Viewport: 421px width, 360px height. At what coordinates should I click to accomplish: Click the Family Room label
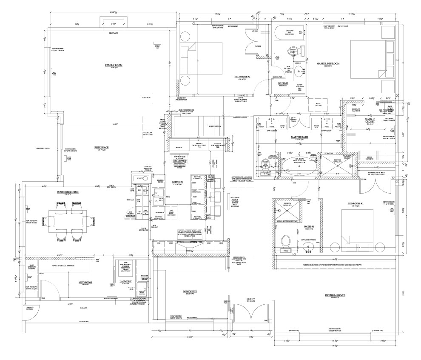(x=114, y=65)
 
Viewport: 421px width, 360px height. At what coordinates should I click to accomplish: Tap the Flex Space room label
(x=101, y=147)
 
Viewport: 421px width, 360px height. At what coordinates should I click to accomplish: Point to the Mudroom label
(x=85, y=282)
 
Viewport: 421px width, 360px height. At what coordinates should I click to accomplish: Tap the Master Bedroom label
(x=328, y=63)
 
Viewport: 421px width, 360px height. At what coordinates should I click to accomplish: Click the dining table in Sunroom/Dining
(x=69, y=219)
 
